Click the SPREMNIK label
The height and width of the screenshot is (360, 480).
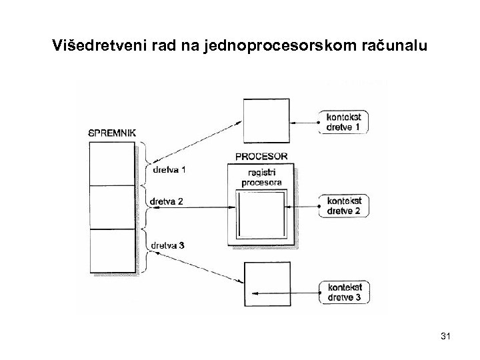112,133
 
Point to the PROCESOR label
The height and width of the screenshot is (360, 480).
261,157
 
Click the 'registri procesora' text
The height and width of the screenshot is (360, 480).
261,177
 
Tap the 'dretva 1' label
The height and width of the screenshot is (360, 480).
169,169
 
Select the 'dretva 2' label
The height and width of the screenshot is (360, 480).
167,201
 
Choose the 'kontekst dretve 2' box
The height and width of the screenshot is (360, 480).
345,206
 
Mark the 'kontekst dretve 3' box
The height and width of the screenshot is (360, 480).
345,292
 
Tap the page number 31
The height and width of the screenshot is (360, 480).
446,339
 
